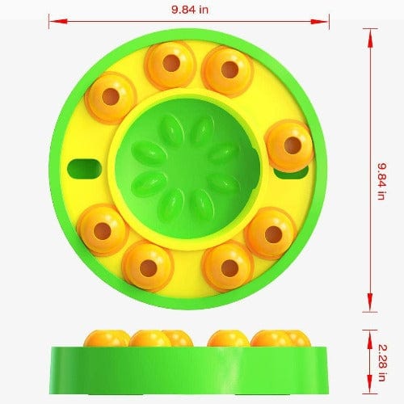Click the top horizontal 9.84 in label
pyautogui.click(x=189, y=10)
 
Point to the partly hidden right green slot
pyautogui.click(x=284, y=171)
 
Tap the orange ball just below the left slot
pyautogui.click(x=103, y=228)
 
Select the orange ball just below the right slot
pyautogui.click(x=269, y=233)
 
